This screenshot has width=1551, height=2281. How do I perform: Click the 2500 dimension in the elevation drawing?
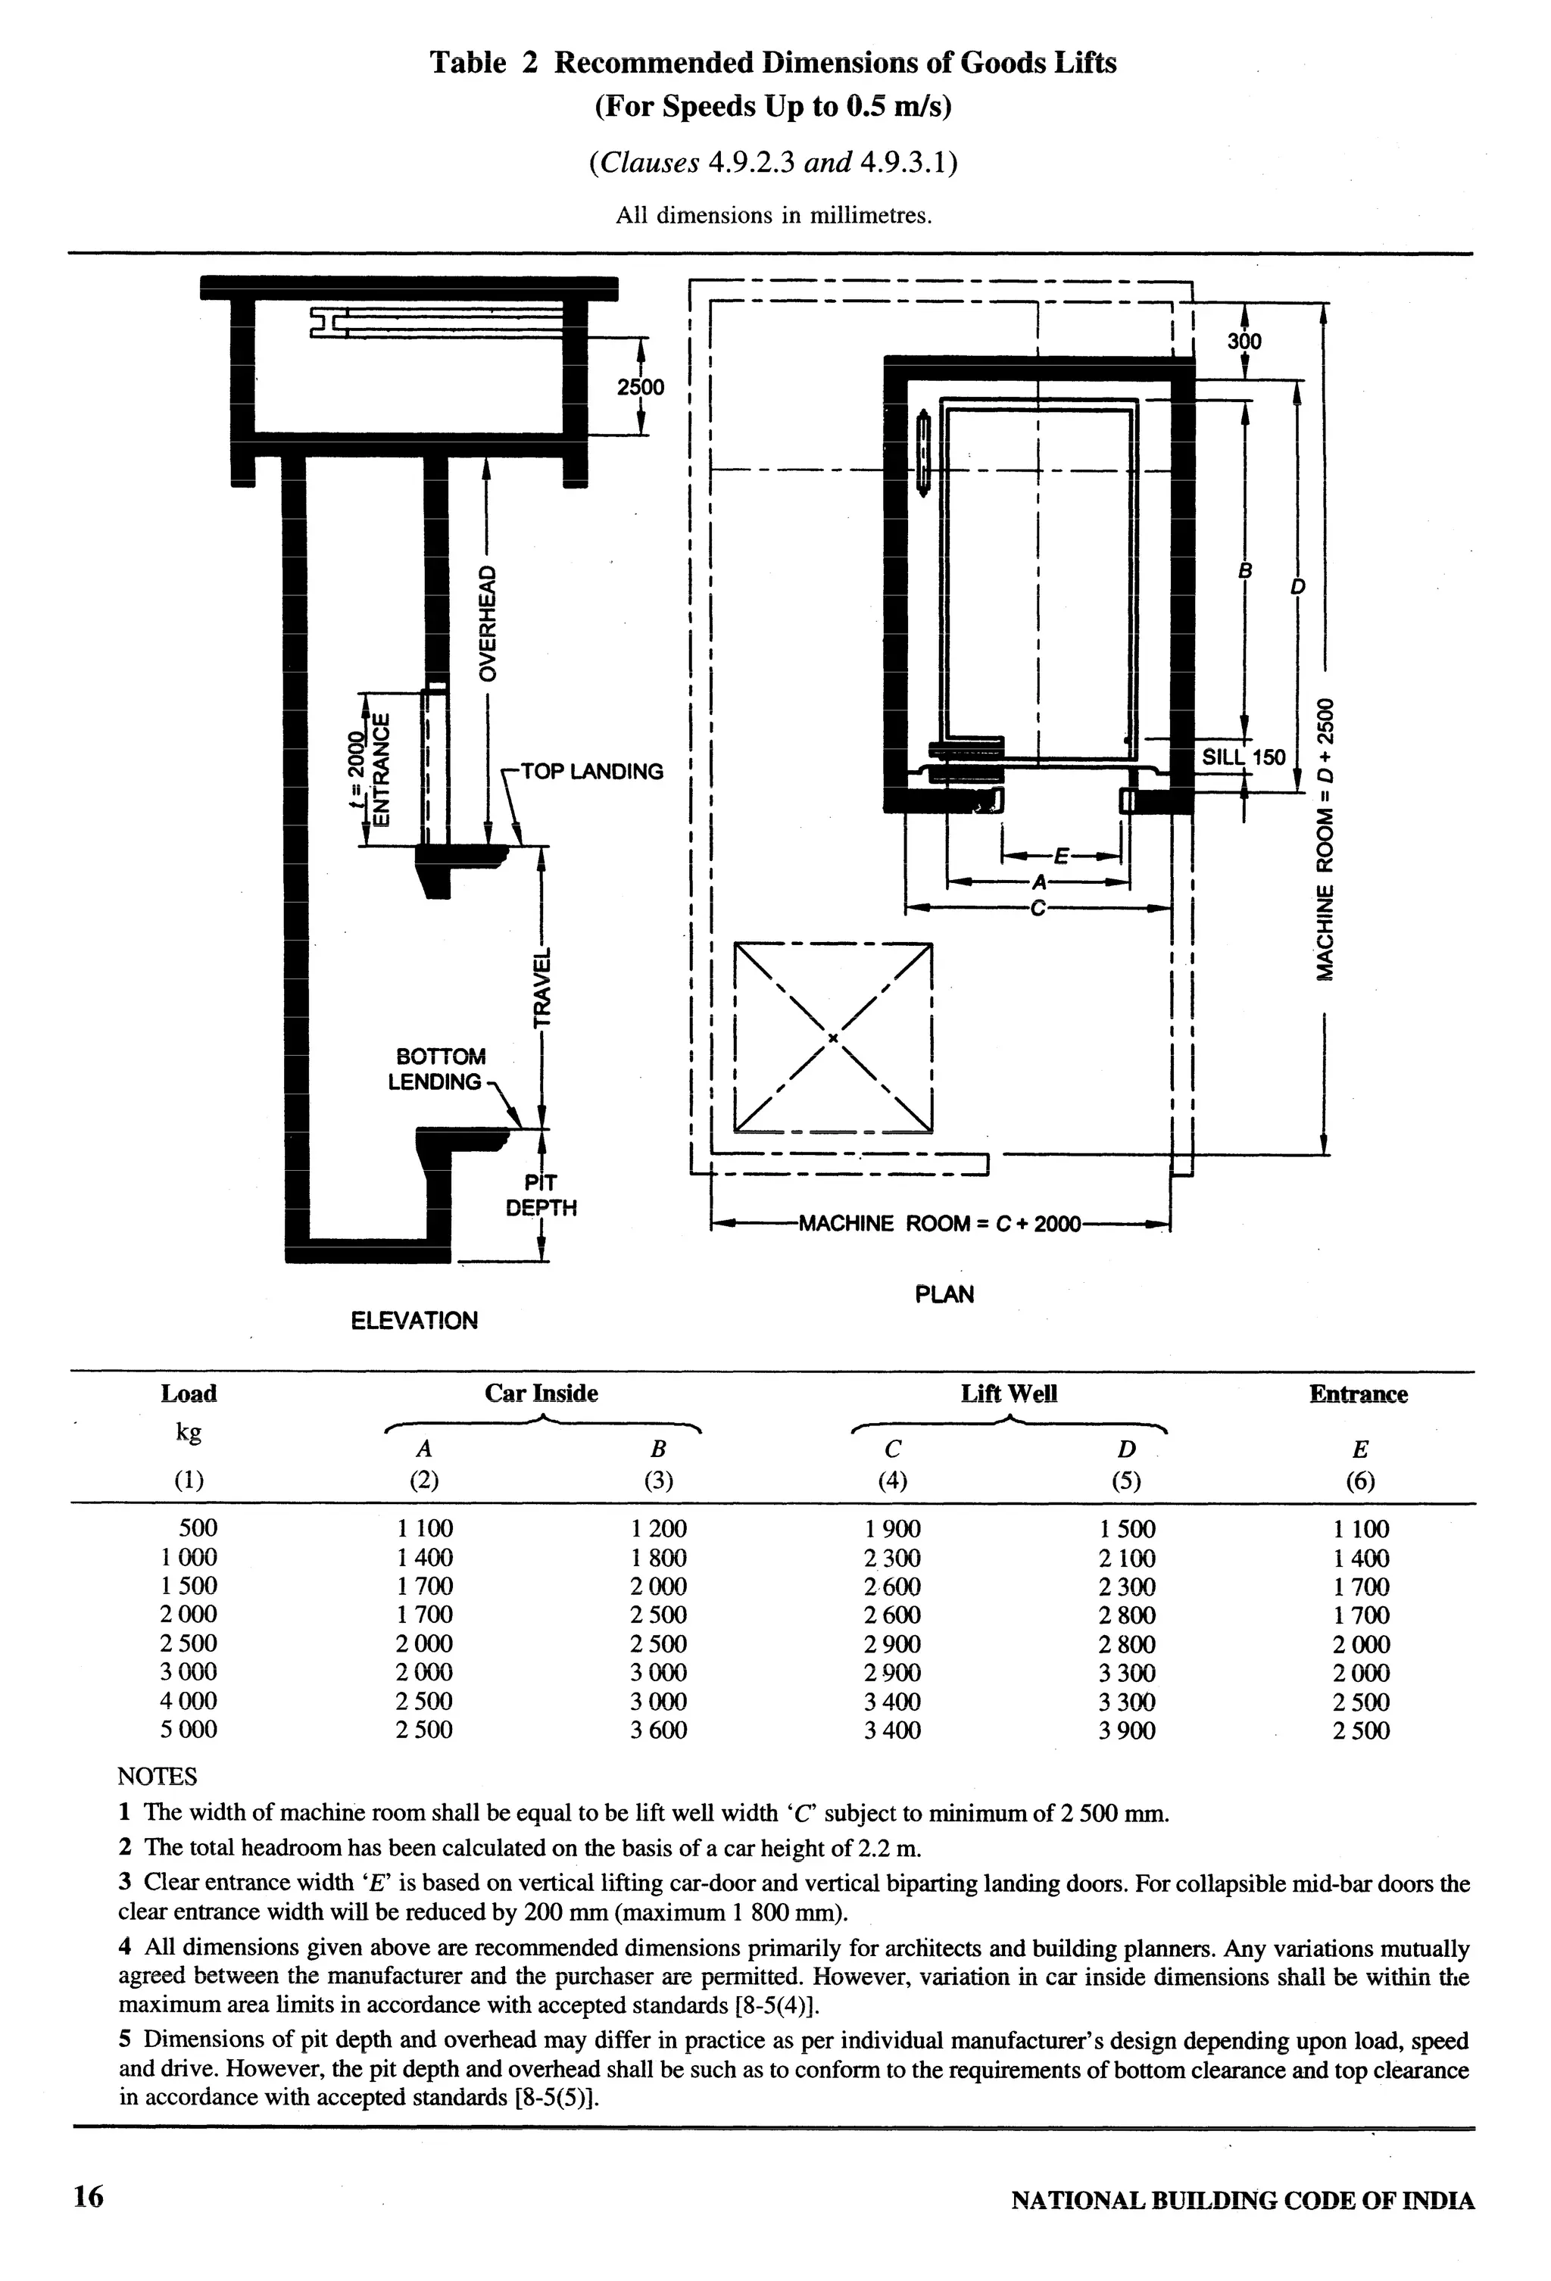(x=640, y=387)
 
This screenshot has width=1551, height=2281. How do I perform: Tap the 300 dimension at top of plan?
(x=1245, y=342)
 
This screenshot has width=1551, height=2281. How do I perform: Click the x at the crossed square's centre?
(x=832, y=1038)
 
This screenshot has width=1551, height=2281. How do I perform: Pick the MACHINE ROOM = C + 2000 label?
(x=939, y=1224)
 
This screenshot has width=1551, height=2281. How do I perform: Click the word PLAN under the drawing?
(x=944, y=1293)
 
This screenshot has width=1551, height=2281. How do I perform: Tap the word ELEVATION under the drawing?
(x=414, y=1320)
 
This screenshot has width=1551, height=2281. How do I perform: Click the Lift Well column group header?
(x=1008, y=1393)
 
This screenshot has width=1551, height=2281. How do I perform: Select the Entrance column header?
(x=1358, y=1393)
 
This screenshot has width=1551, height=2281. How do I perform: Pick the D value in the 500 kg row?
(x=1127, y=1529)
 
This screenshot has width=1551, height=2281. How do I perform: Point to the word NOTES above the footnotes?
(x=157, y=1777)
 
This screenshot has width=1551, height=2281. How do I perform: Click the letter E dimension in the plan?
(x=1060, y=855)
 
